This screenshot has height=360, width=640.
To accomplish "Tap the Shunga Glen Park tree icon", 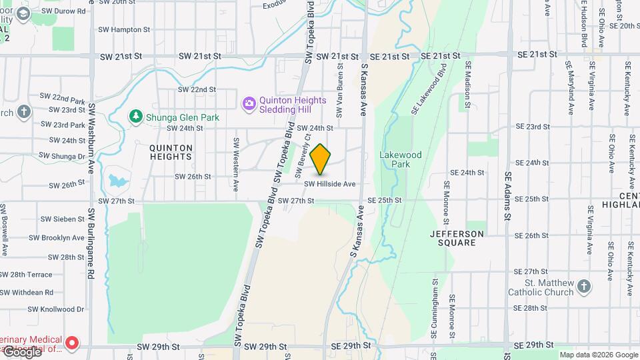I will (135, 117).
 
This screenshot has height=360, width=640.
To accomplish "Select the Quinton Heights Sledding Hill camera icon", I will (249, 103).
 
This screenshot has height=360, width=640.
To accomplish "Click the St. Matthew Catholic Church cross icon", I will (584, 286).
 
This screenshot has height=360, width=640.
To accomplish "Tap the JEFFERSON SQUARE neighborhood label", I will (457, 238).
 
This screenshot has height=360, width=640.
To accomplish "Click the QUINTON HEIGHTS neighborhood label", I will (171, 152).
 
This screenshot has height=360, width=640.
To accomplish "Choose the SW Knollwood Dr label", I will (57, 309).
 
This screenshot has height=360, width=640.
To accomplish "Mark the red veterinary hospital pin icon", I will (73, 343).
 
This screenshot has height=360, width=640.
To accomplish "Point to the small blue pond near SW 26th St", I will (117, 181).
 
